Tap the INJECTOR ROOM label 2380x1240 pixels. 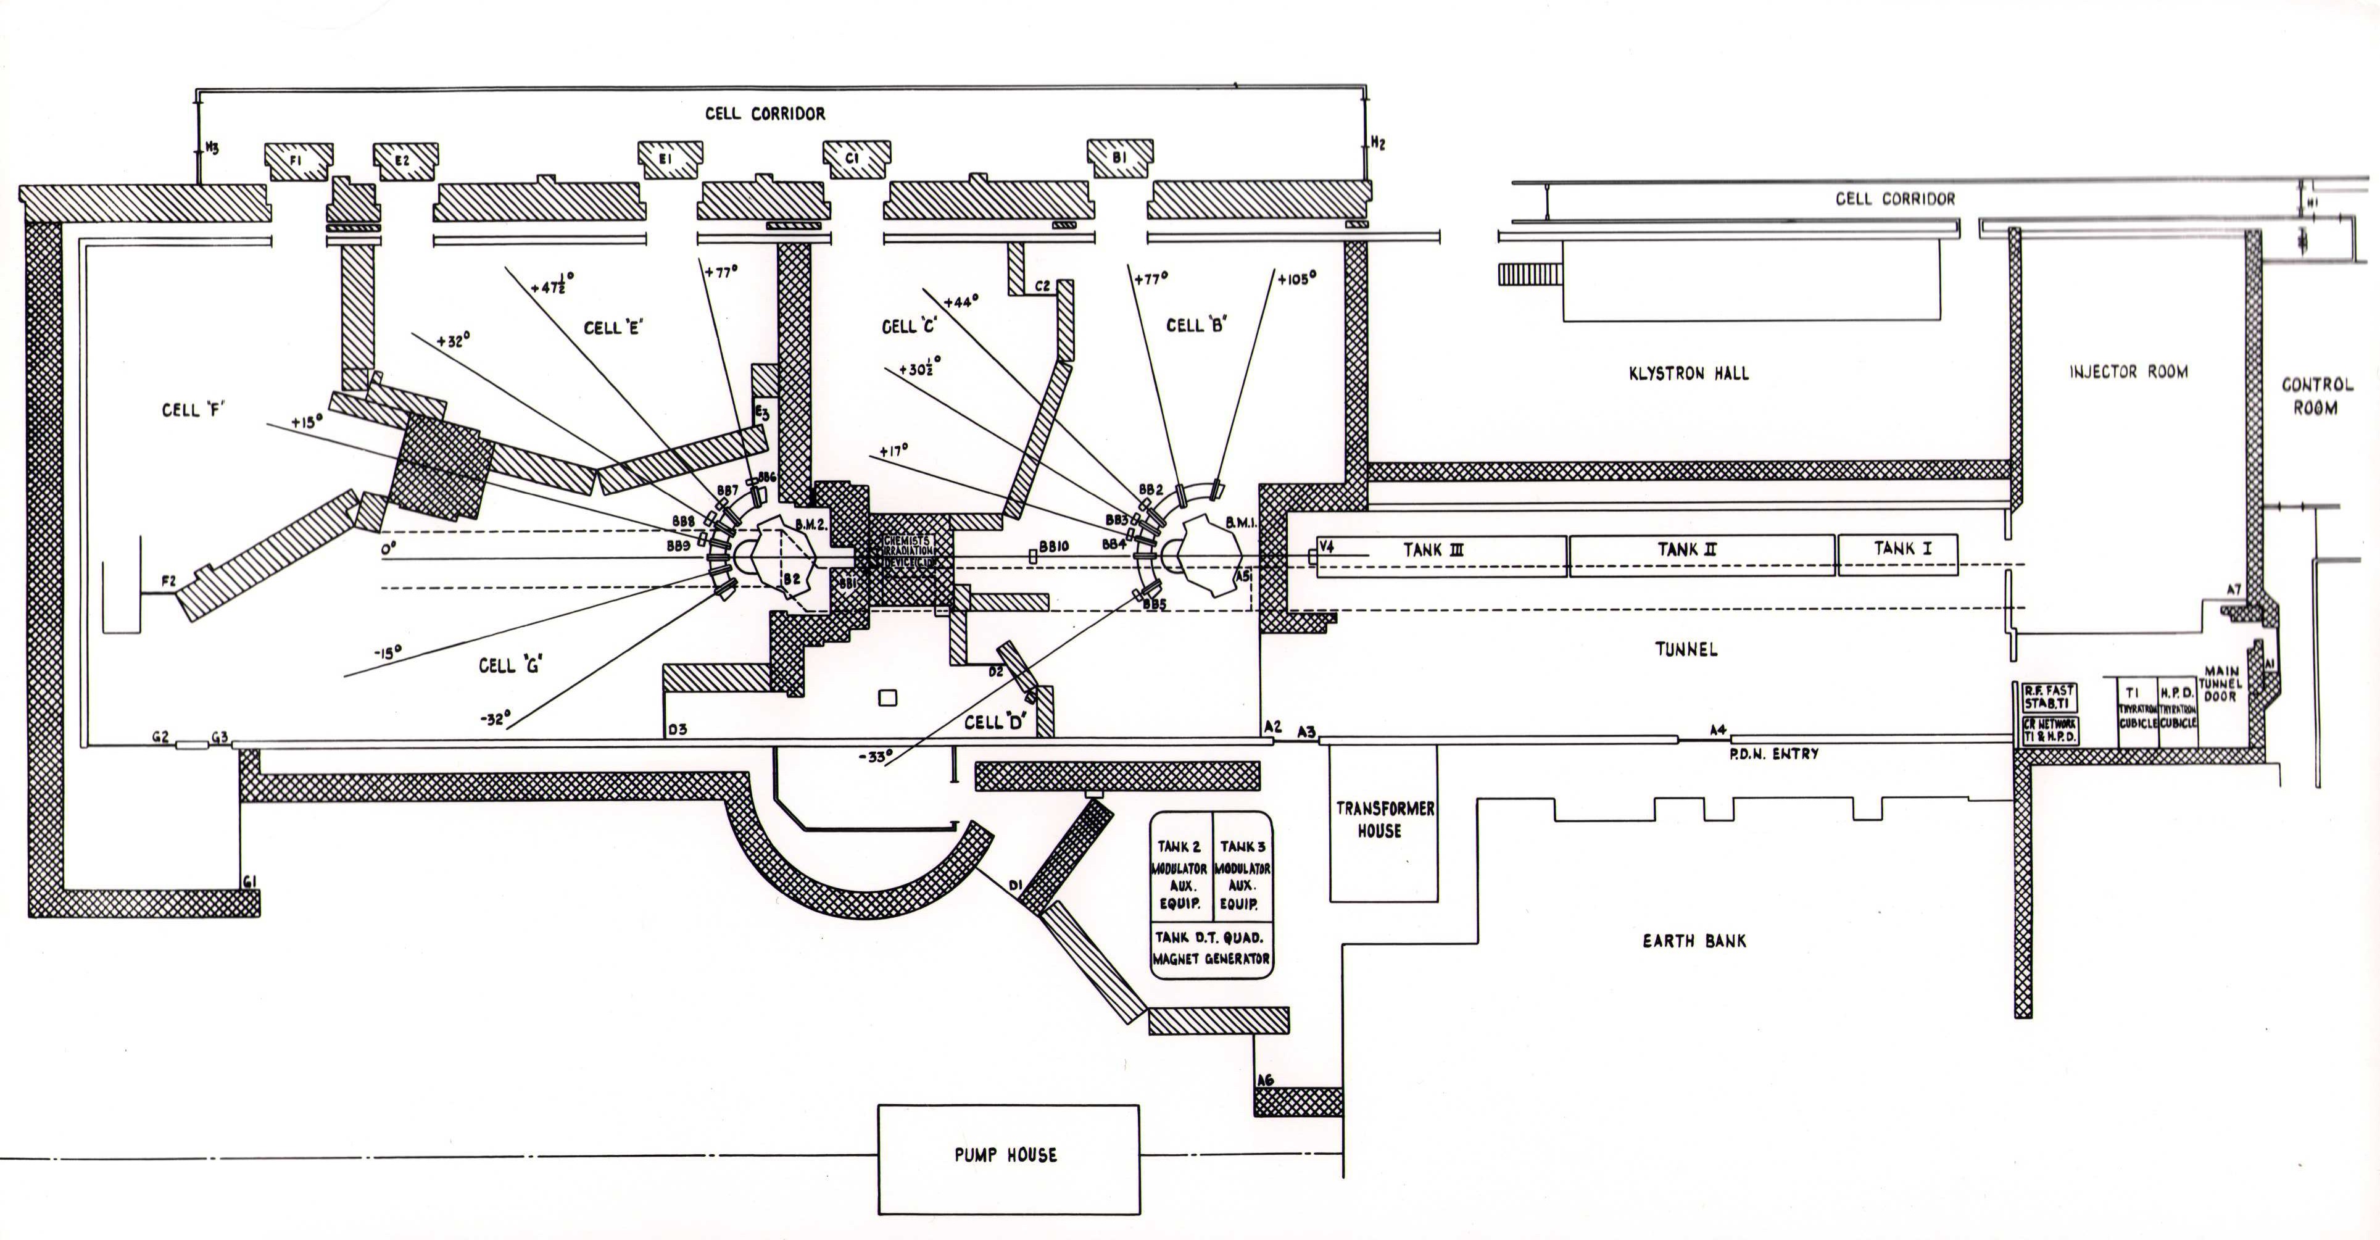point(2128,372)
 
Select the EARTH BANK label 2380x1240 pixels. point(1694,941)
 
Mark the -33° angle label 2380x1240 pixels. point(875,756)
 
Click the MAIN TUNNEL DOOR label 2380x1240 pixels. point(2220,684)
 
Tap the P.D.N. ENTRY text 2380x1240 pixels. point(1774,754)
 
